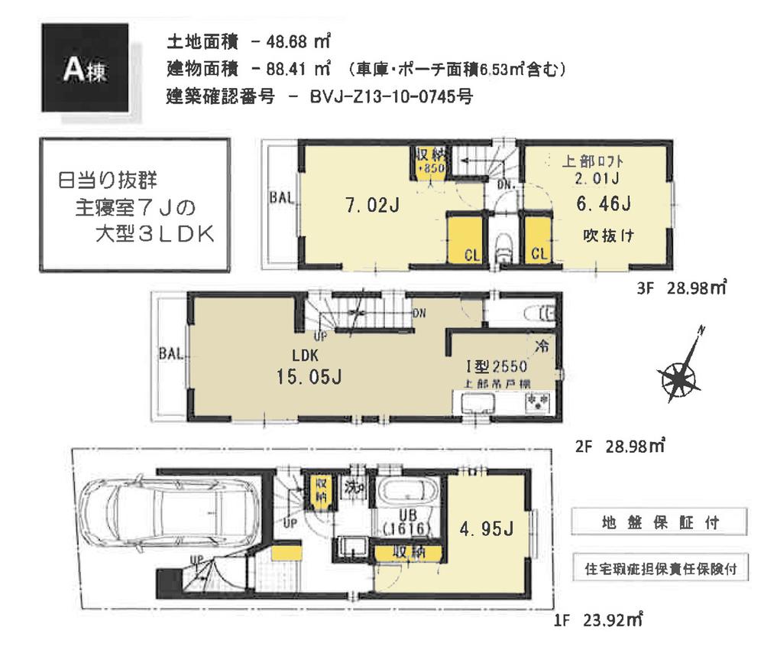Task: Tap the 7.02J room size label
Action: point(370,206)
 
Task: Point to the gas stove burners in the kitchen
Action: point(534,402)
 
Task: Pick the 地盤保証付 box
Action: point(657,525)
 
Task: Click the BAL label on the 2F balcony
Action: point(171,354)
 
